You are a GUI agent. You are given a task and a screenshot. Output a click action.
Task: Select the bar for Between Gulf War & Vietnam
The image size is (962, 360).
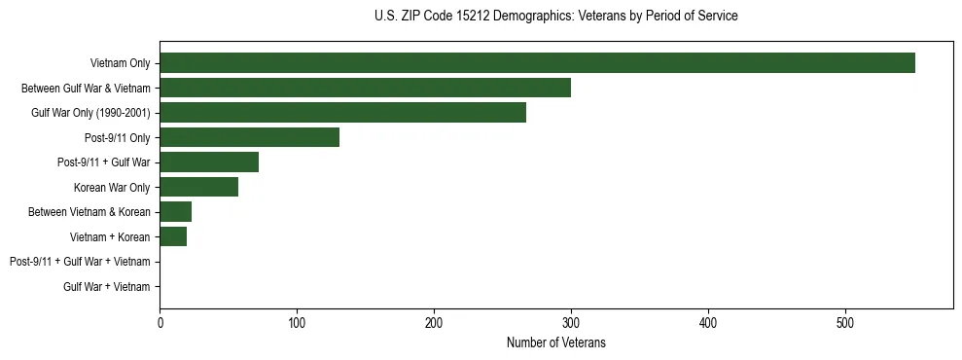click(365, 88)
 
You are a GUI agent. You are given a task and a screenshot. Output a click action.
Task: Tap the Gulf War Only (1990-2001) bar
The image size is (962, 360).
click(342, 113)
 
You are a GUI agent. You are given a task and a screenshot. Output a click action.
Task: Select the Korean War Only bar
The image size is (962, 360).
click(198, 187)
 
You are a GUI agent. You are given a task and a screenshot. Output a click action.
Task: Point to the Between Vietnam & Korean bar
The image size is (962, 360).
click(175, 212)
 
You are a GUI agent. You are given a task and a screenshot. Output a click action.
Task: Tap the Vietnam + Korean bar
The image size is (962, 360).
click(173, 236)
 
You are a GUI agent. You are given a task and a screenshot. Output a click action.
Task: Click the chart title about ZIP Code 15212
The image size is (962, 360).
click(555, 17)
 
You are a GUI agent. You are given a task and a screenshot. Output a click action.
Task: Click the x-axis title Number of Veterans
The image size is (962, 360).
click(555, 343)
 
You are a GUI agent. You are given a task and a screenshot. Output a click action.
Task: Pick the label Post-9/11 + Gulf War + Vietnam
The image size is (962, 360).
click(80, 262)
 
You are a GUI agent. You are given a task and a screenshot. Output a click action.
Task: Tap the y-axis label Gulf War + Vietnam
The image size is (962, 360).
click(107, 286)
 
